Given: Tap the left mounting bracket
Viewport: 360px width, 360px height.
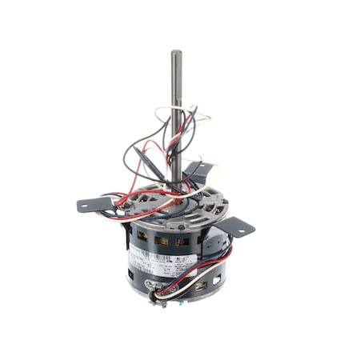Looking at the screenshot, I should click(95, 204).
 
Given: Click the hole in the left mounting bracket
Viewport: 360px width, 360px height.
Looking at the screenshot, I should click(86, 206).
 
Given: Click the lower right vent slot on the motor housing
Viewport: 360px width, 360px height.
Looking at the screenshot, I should click(201, 283).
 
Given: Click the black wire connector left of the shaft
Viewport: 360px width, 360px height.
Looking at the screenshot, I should click(153, 157).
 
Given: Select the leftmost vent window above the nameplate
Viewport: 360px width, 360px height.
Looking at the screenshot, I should click(143, 237).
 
